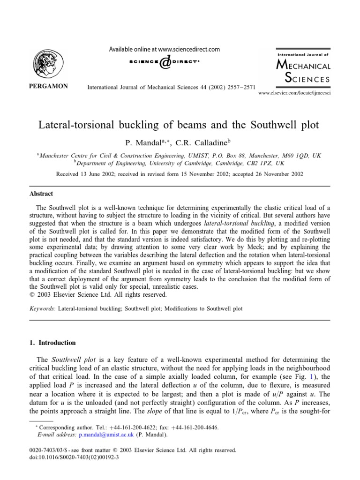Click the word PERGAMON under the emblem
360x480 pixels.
click(48, 86)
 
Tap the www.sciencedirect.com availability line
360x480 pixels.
click(164, 49)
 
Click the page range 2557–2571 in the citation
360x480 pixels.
click(236, 87)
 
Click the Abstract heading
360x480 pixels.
click(42, 194)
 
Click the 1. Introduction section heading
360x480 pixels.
click(52, 343)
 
